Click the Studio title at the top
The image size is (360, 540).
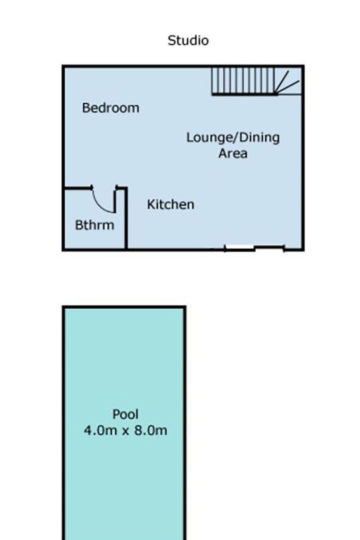(188, 40)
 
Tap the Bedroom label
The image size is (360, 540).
(111, 108)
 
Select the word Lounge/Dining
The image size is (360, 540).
(233, 138)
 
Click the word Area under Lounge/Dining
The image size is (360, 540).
(233, 153)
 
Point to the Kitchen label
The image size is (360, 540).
(171, 204)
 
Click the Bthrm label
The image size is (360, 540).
(95, 225)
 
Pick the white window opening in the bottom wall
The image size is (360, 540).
(239, 248)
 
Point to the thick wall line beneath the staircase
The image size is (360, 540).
(244, 95)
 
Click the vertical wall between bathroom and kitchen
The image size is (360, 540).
(126, 218)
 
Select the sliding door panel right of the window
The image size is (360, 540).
(270, 247)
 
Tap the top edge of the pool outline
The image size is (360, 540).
(124, 307)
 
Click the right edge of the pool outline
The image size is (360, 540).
(185, 423)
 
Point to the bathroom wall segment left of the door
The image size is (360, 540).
(77, 187)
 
